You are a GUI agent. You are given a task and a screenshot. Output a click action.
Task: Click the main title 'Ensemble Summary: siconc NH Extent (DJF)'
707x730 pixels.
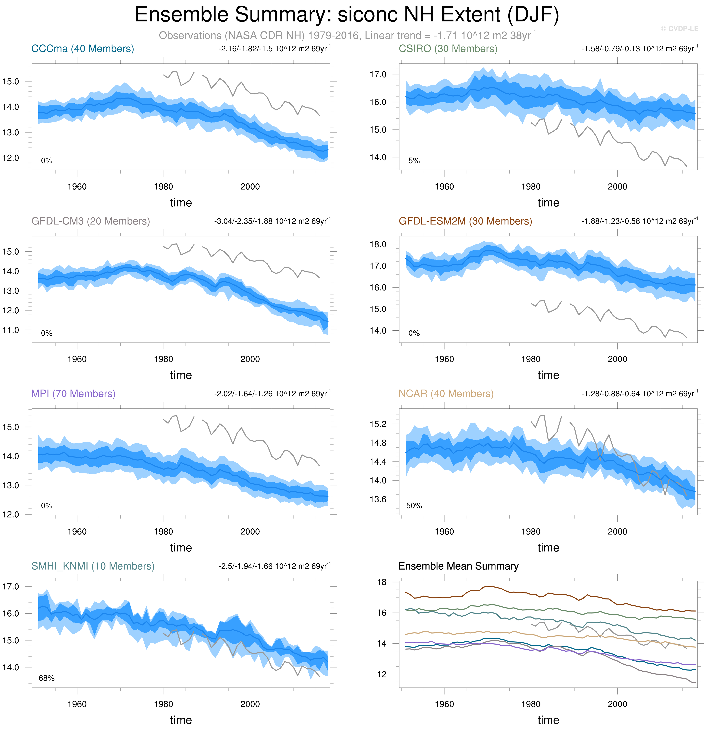(347, 15)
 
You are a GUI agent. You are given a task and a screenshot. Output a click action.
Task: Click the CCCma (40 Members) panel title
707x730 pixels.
(83, 49)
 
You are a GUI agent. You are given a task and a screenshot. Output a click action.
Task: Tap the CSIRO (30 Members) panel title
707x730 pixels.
(448, 49)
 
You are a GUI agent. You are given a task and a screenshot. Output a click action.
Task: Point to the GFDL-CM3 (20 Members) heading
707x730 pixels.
(90, 221)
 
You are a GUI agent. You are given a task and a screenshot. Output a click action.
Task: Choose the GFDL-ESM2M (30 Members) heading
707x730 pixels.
(465, 221)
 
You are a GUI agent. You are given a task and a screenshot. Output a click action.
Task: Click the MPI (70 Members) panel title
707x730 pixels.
(73, 394)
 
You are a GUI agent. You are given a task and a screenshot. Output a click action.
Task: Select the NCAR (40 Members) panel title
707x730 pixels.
(446, 394)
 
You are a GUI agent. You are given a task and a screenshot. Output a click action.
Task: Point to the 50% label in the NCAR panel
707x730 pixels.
(414, 506)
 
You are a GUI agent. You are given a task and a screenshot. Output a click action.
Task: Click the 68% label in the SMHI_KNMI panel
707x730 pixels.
(47, 678)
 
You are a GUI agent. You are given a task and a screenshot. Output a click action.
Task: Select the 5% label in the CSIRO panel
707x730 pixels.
(414, 161)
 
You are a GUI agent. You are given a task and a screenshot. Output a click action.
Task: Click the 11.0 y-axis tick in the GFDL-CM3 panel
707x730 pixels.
(11, 330)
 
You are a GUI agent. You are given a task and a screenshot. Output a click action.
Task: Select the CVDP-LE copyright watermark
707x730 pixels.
(679, 29)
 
